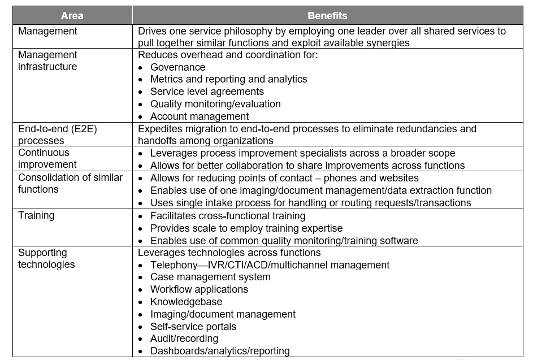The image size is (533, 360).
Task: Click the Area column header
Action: (72, 16)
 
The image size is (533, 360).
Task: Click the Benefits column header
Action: (327, 16)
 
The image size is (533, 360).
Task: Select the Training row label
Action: (36, 215)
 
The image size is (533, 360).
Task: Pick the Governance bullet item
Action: (177, 67)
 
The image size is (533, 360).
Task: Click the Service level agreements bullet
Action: (207, 92)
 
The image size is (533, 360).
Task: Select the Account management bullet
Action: (199, 116)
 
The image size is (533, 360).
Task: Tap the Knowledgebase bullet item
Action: (186, 302)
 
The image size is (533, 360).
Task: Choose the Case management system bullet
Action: (210, 277)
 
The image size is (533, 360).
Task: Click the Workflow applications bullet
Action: (199, 289)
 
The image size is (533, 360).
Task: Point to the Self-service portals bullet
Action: (193, 327)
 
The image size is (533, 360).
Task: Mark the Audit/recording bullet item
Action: (184, 339)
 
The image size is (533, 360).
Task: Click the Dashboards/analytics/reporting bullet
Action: (220, 351)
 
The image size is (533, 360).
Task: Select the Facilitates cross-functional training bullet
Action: (228, 216)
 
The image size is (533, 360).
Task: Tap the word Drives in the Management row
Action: (151, 31)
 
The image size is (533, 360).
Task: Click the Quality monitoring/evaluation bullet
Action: (215, 104)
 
